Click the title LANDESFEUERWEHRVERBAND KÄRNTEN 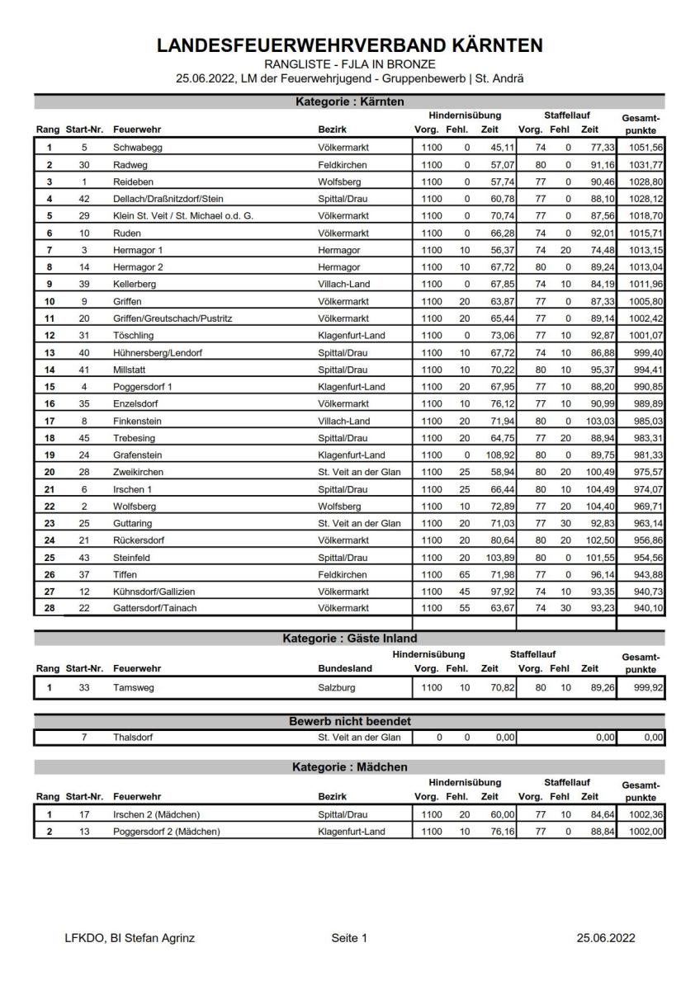click(350, 47)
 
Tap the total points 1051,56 click(641, 147)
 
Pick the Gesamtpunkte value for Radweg click(641, 164)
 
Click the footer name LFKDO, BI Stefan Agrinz click(130, 938)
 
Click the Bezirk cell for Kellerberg click(347, 284)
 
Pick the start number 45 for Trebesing click(84, 437)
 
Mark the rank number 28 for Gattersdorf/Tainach click(50, 608)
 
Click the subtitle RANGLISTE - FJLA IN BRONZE click(350, 64)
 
